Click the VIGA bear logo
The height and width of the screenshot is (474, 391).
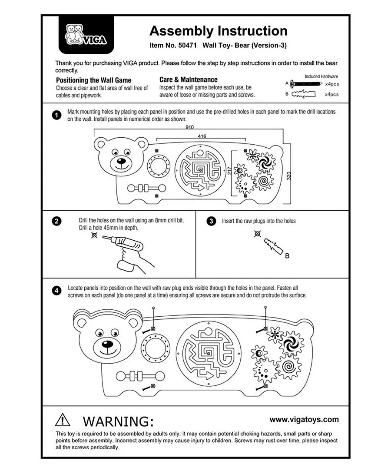click(x=85, y=35)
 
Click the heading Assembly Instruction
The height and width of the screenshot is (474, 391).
click(x=218, y=31)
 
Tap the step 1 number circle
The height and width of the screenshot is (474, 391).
click(x=56, y=115)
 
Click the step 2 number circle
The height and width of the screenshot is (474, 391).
click(x=56, y=221)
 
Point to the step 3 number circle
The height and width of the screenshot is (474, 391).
click(x=211, y=221)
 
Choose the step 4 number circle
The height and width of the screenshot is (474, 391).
click(x=56, y=291)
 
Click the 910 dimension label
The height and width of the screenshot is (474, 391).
click(x=189, y=127)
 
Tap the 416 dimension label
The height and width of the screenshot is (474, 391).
click(x=202, y=136)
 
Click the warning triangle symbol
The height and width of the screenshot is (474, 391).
click(x=63, y=420)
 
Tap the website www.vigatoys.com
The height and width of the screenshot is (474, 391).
click(x=304, y=419)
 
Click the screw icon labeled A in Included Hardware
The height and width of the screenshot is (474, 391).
click(x=306, y=83)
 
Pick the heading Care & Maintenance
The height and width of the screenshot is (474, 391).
click(x=188, y=80)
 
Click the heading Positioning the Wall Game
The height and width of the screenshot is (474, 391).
click(x=93, y=80)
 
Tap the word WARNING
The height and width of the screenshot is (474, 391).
click(x=118, y=421)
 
